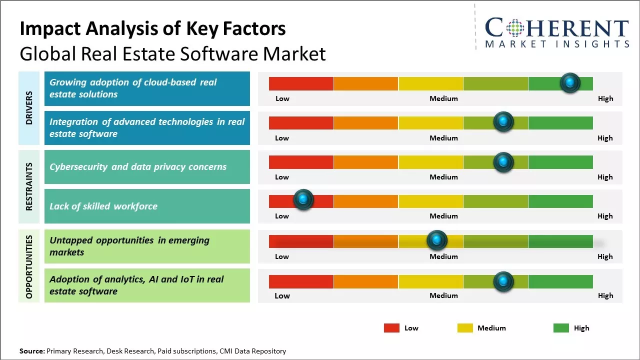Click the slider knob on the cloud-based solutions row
coord(570,82)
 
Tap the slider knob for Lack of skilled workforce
coord(303,199)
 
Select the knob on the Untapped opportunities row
coord(437,240)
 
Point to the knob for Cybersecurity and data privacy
coord(503,162)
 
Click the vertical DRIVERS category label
coord(29,107)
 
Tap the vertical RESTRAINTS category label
coord(29,186)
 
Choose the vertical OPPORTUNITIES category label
coord(29,266)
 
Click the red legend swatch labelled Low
coord(391,328)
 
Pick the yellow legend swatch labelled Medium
coord(465,328)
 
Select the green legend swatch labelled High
coord(561,328)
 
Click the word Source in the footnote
coord(31,351)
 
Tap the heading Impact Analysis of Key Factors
coord(152,29)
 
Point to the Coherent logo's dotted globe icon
coord(515,28)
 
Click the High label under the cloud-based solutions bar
coord(605,98)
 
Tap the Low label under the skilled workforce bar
coord(282,216)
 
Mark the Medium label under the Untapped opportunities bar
coord(443,256)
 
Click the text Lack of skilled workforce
coord(103,206)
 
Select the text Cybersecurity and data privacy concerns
coord(138,167)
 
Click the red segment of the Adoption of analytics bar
coord(301,281)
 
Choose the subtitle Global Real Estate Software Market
coord(172,53)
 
